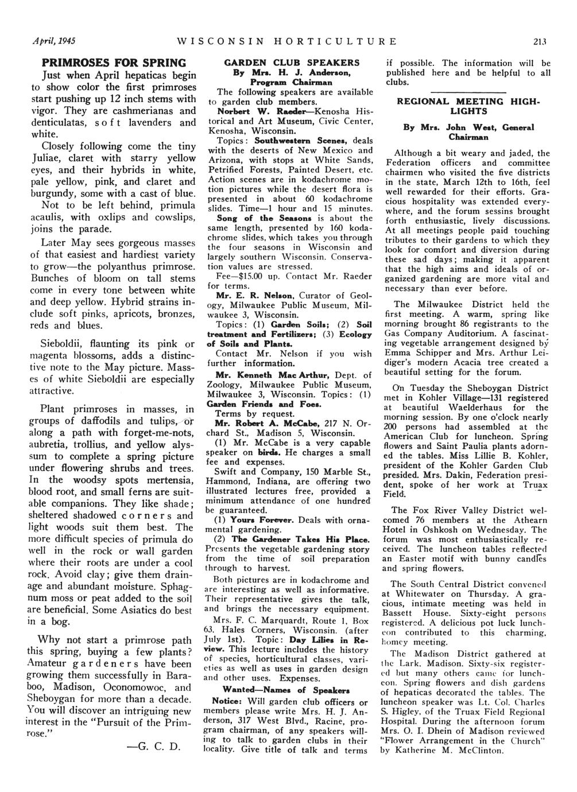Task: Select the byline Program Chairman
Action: [x=292, y=81]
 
